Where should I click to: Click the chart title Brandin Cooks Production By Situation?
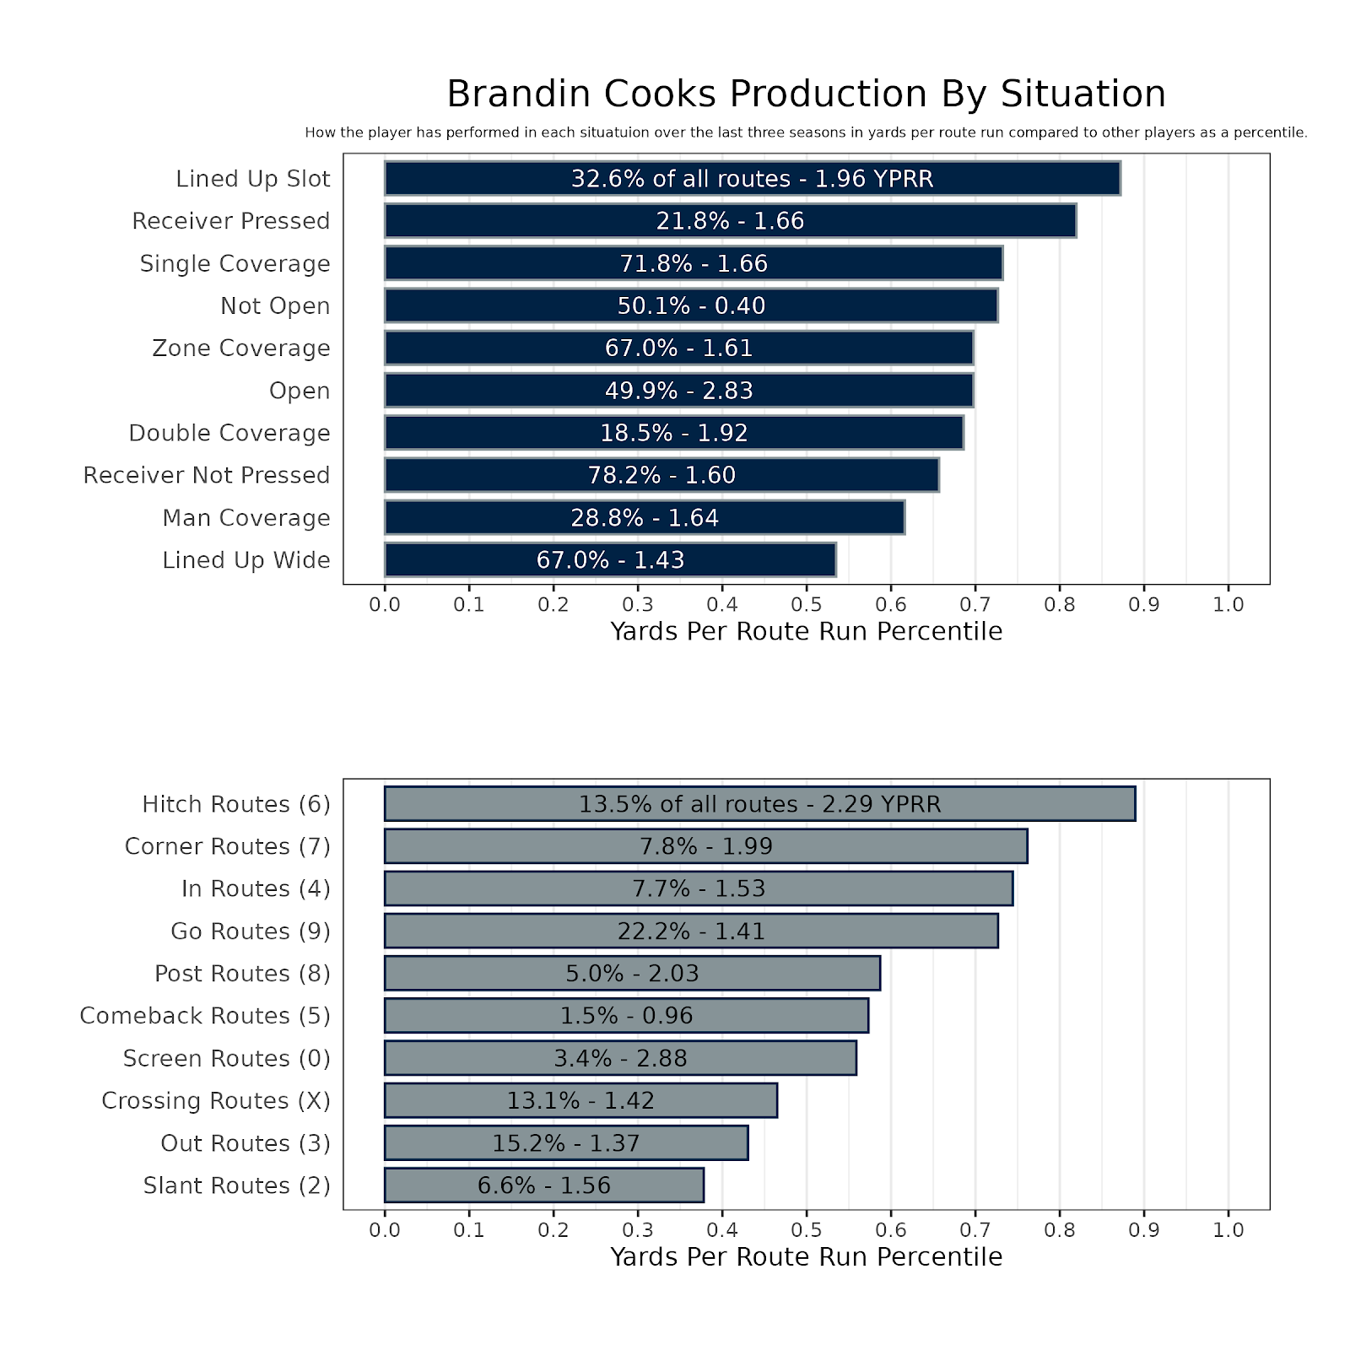806,94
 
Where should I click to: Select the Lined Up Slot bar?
752,179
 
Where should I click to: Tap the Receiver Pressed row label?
230,221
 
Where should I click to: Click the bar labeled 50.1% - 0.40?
691,305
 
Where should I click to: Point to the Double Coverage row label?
229,433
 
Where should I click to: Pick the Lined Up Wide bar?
610,560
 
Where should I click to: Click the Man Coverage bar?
645,517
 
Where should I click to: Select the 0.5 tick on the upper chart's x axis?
806,604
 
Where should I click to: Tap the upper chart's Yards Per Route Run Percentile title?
806,631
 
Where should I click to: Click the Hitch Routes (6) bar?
759,804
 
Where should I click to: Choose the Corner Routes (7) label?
227,846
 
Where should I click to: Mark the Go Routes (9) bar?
691,931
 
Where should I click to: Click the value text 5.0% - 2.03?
632,974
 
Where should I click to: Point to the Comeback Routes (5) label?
205,1016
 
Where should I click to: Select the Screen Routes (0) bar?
620,1058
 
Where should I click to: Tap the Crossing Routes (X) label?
215,1101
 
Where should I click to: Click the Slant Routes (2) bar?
543,1185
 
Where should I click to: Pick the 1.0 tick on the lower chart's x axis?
1228,1230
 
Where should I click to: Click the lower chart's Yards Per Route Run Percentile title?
806,1257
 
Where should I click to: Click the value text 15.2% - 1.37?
566,1143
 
